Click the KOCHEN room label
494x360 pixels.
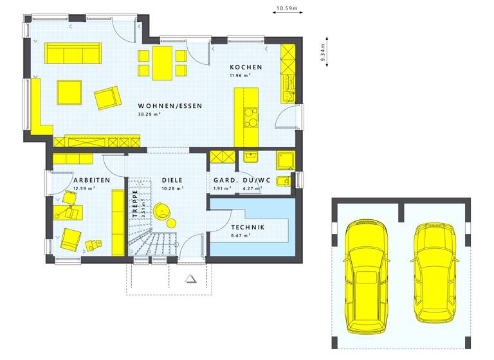[246, 67]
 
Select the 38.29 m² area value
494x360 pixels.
[149, 114]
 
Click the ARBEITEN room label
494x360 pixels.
[91, 181]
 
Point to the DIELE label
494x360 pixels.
[172, 181]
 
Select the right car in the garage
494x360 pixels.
[435, 272]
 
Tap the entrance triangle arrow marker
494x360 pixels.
[191, 278]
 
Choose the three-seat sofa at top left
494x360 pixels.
[73, 54]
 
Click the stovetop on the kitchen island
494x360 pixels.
[250, 116]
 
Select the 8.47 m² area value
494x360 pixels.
[241, 236]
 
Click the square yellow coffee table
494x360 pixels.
[69, 92]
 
